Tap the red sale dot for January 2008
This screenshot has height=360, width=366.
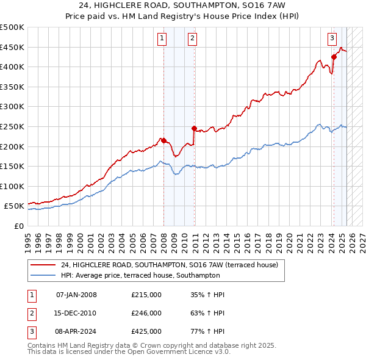click(163, 140)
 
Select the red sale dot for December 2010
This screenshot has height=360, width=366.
click(194, 128)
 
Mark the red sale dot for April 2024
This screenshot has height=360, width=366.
click(334, 57)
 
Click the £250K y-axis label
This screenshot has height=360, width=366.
click(12, 126)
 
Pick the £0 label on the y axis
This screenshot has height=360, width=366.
click(18, 226)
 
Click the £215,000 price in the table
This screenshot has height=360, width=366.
click(146, 295)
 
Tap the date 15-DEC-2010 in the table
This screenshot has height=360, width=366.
click(76, 313)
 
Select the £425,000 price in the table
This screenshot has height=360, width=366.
click(146, 331)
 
